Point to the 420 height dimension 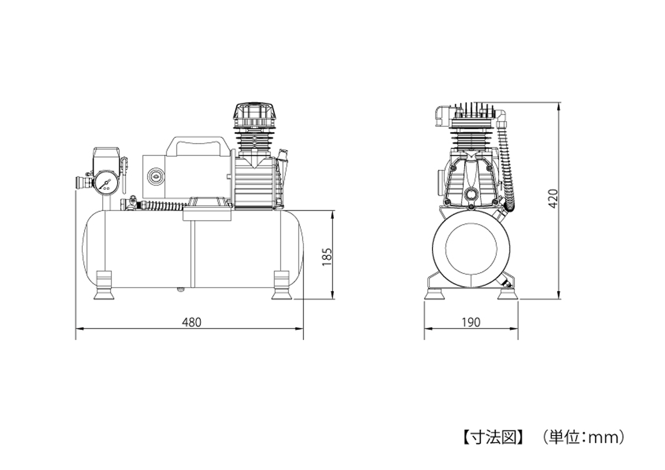click(553, 199)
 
